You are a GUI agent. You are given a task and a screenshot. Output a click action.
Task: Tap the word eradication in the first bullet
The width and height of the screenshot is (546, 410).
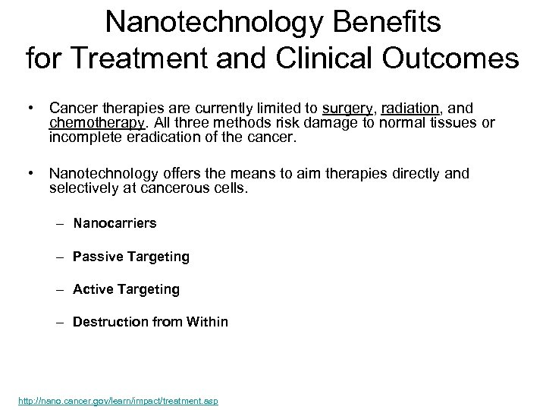coord(170,137)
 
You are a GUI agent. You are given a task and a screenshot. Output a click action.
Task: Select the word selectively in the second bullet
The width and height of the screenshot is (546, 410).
coord(81,187)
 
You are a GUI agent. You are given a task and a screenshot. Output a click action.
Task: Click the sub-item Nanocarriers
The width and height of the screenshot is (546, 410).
coord(115,223)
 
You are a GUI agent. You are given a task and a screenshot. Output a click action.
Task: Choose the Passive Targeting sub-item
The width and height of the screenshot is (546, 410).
coord(130,257)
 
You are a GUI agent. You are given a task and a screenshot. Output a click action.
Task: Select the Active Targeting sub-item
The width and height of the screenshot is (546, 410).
coord(126,289)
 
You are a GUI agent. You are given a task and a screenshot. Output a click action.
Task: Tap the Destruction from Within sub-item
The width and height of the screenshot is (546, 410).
coord(149,322)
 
